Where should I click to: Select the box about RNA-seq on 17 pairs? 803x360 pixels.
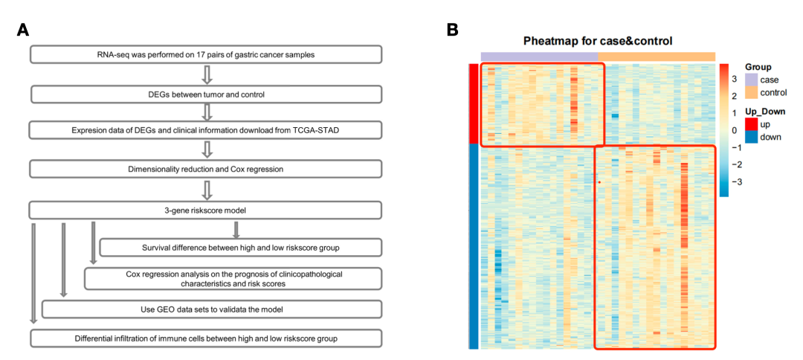pos(206,54)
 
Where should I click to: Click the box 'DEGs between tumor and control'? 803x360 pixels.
pos(206,94)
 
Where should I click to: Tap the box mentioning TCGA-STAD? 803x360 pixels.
pos(206,130)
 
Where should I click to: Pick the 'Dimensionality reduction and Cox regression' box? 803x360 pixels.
pos(206,169)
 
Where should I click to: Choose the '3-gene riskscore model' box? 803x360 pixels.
pos(206,210)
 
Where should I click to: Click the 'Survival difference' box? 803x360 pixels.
pos(241,247)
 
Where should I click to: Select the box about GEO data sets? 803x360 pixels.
pos(212,309)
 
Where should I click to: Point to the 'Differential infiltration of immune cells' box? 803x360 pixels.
pos(206,338)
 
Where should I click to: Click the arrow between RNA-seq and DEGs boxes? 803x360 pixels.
pos(208,74)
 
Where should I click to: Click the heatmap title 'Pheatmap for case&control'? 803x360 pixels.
pos(598,41)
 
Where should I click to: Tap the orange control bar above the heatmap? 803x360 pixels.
pos(657,57)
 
